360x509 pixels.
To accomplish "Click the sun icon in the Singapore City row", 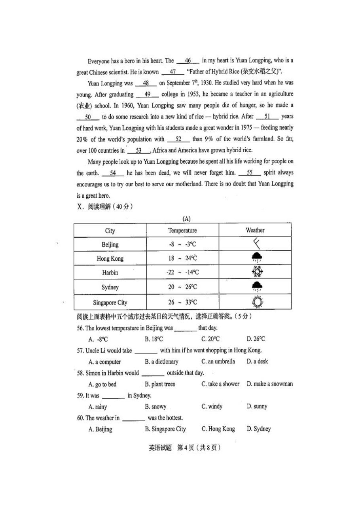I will tap(257, 302).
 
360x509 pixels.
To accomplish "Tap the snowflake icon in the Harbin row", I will tap(257, 272).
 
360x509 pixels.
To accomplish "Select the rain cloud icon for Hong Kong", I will tap(257, 258).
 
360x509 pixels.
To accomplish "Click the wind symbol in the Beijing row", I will tap(256, 244).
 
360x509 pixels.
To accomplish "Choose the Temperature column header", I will tap(182, 231).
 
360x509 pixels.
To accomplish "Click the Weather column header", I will tap(255, 230).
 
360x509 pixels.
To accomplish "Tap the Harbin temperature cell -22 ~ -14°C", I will tap(182, 272).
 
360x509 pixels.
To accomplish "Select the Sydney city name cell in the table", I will tap(110, 288).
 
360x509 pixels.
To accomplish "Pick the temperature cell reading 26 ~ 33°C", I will tap(182, 303).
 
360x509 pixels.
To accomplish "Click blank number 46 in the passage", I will tap(188, 61).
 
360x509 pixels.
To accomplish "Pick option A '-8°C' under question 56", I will tap(99, 339).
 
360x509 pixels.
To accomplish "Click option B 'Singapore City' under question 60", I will tap(165, 429).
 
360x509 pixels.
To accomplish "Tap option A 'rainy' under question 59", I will tap(98, 407).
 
